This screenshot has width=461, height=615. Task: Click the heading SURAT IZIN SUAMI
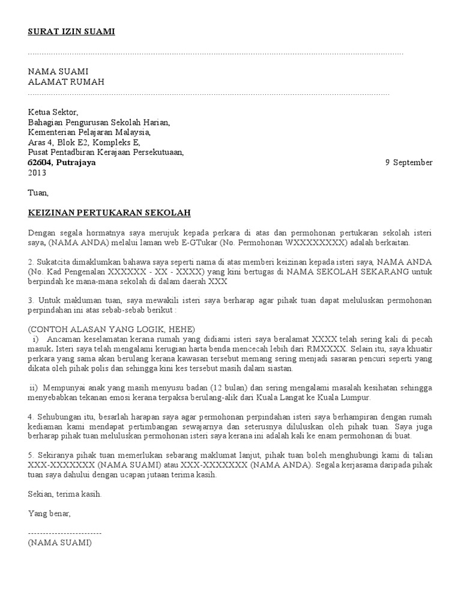tap(71, 32)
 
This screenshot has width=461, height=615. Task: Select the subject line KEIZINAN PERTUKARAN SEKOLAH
tap(110, 213)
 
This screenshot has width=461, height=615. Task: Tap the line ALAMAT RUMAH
tap(66, 82)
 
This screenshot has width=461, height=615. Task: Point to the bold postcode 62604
tap(40, 162)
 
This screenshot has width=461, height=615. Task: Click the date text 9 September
tap(408, 162)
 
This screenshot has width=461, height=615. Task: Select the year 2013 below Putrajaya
tap(37, 172)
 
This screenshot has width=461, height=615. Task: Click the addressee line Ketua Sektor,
tap(53, 112)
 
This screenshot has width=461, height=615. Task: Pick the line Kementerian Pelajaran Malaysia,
tap(89, 132)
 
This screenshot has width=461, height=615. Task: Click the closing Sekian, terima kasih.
tap(65, 494)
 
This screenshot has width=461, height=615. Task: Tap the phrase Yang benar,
tap(49, 514)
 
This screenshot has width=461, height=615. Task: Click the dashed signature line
tap(65, 533)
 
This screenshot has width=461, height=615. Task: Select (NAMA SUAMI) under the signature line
tap(59, 542)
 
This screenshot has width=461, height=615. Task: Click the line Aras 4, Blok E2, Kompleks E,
tap(84, 142)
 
